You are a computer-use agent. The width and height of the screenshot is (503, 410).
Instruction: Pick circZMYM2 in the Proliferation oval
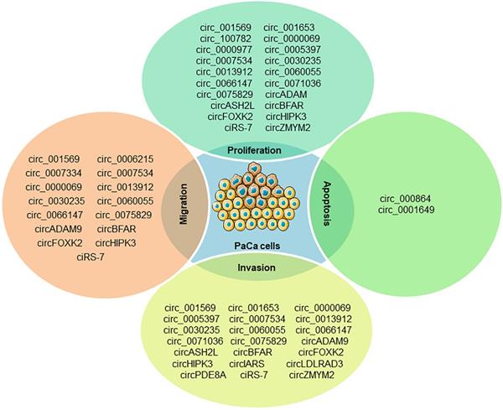coord(288,127)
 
